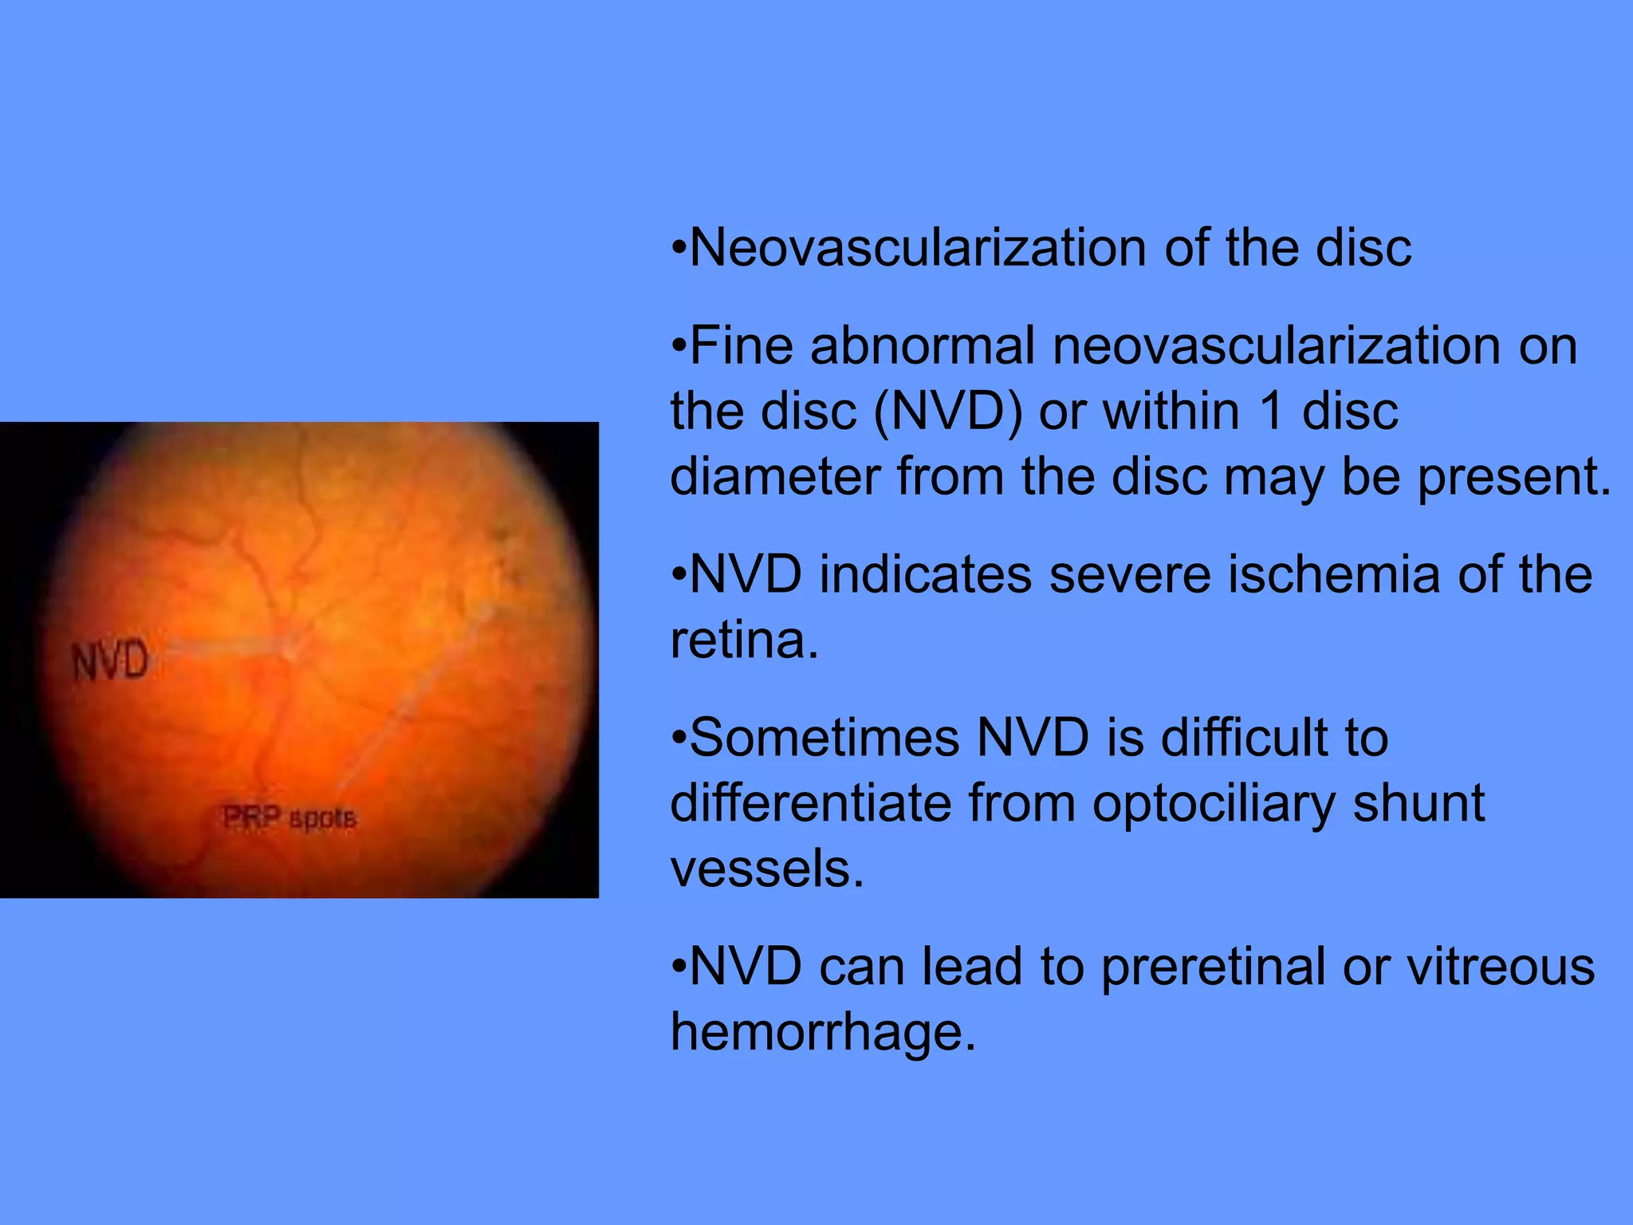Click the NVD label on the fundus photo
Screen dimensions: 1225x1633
coord(110,661)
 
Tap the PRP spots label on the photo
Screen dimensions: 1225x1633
coord(289,817)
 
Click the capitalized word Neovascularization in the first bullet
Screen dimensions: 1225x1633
coord(918,247)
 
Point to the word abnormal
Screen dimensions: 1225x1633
coord(923,346)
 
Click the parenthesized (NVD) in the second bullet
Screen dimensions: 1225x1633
coord(947,412)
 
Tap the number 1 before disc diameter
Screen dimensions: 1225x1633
coord(1275,412)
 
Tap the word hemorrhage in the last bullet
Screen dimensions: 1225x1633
coord(822,1033)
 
